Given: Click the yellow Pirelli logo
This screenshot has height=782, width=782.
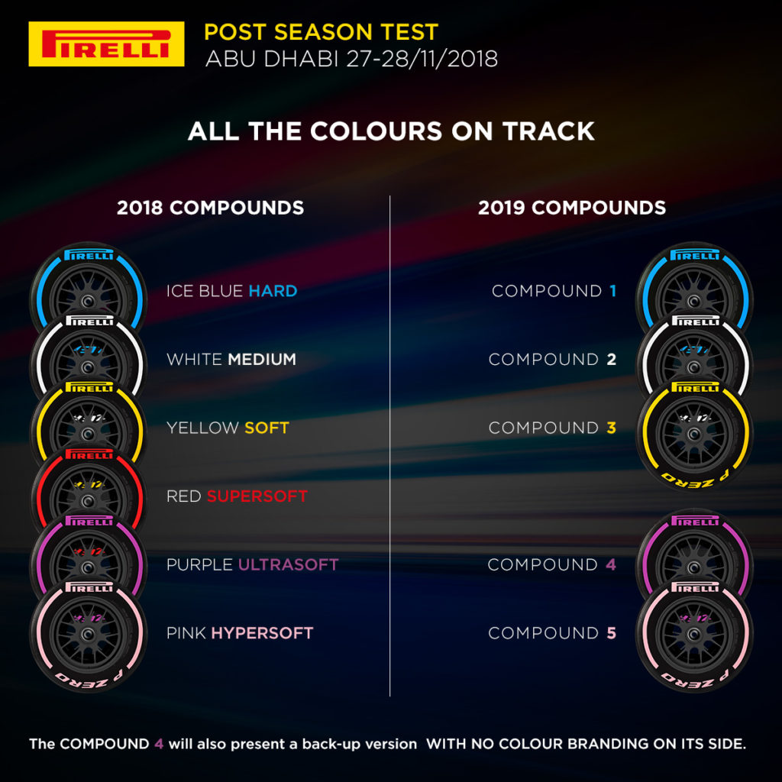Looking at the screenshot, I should tap(106, 44).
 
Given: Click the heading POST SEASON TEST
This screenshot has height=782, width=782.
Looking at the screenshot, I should tap(321, 33).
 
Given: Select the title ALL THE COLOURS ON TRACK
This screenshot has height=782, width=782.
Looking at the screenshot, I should tap(391, 131).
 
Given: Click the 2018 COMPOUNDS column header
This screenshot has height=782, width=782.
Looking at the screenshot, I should tap(210, 208).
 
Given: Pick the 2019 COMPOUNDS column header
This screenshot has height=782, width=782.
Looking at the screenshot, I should tap(572, 208).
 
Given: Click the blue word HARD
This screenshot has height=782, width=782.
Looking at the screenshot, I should tap(273, 291).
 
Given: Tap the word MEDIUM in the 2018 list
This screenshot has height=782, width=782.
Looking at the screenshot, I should tap(262, 359).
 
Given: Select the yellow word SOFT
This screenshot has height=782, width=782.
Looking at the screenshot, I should tap(267, 428).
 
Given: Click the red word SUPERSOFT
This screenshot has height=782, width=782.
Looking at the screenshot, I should tap(257, 496).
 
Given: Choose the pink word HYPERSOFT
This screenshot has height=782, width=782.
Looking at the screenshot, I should tap(262, 633).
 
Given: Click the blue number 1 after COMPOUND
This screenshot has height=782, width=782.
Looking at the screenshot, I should tap(611, 291).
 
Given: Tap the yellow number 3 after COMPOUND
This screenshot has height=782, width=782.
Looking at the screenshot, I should tap(611, 428).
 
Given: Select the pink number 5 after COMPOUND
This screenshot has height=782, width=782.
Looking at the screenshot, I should tap(611, 633).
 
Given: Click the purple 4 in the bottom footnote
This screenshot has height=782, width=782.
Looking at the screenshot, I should tap(159, 743).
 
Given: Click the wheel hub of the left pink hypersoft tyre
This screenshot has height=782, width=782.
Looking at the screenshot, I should tap(89, 635).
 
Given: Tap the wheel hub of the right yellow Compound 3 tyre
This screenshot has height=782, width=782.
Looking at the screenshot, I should tap(694, 429).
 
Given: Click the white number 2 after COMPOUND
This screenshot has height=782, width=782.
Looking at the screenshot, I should tap(611, 359).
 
